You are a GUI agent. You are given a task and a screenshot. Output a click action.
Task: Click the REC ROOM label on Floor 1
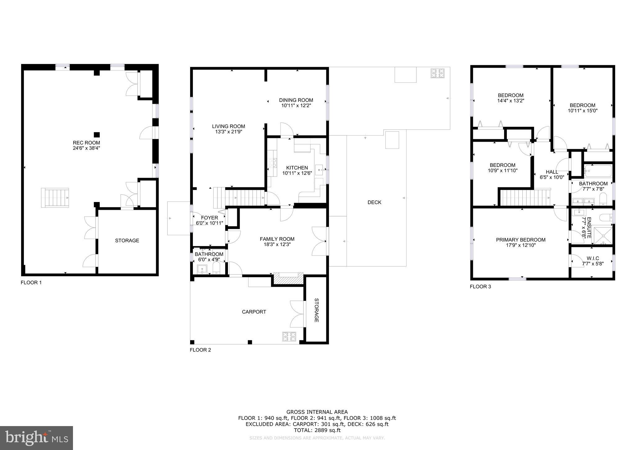[x=86, y=143]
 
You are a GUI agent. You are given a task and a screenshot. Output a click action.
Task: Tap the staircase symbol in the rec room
[x=55, y=198]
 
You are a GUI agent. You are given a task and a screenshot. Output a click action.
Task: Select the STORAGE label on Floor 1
[x=127, y=241]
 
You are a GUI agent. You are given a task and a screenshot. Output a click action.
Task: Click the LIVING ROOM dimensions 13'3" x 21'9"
[x=229, y=132]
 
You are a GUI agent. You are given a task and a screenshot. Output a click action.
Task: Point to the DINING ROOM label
[x=296, y=100]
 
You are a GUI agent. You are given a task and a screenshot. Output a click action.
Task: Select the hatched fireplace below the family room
[x=288, y=278]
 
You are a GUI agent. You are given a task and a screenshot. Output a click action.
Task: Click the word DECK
[x=374, y=202]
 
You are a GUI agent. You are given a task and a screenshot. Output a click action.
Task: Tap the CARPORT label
[x=254, y=312]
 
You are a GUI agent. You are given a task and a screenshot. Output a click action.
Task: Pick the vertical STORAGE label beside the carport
[x=316, y=310]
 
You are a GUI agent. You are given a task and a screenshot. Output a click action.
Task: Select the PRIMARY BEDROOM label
[x=520, y=240]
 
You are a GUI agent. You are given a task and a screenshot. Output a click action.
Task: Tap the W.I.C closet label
[x=593, y=259]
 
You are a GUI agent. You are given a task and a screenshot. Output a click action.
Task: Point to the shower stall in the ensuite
[x=603, y=236]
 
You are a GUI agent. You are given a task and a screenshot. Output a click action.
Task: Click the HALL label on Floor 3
[x=552, y=172]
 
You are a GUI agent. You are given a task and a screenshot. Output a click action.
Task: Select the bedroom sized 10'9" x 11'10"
[x=502, y=168]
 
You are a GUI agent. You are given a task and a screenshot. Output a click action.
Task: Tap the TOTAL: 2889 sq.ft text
[x=317, y=430]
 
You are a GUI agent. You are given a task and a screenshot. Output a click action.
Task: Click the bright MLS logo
[x=36, y=438]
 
